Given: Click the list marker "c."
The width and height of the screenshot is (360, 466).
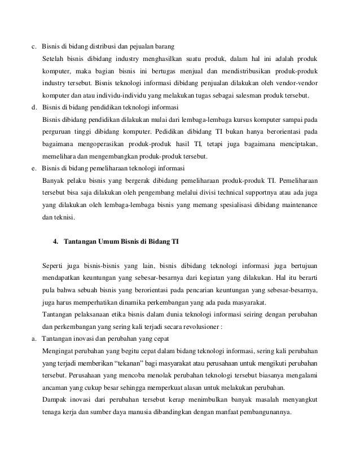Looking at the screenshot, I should click(34, 46).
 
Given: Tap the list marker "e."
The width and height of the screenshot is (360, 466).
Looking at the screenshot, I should click(34, 168).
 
